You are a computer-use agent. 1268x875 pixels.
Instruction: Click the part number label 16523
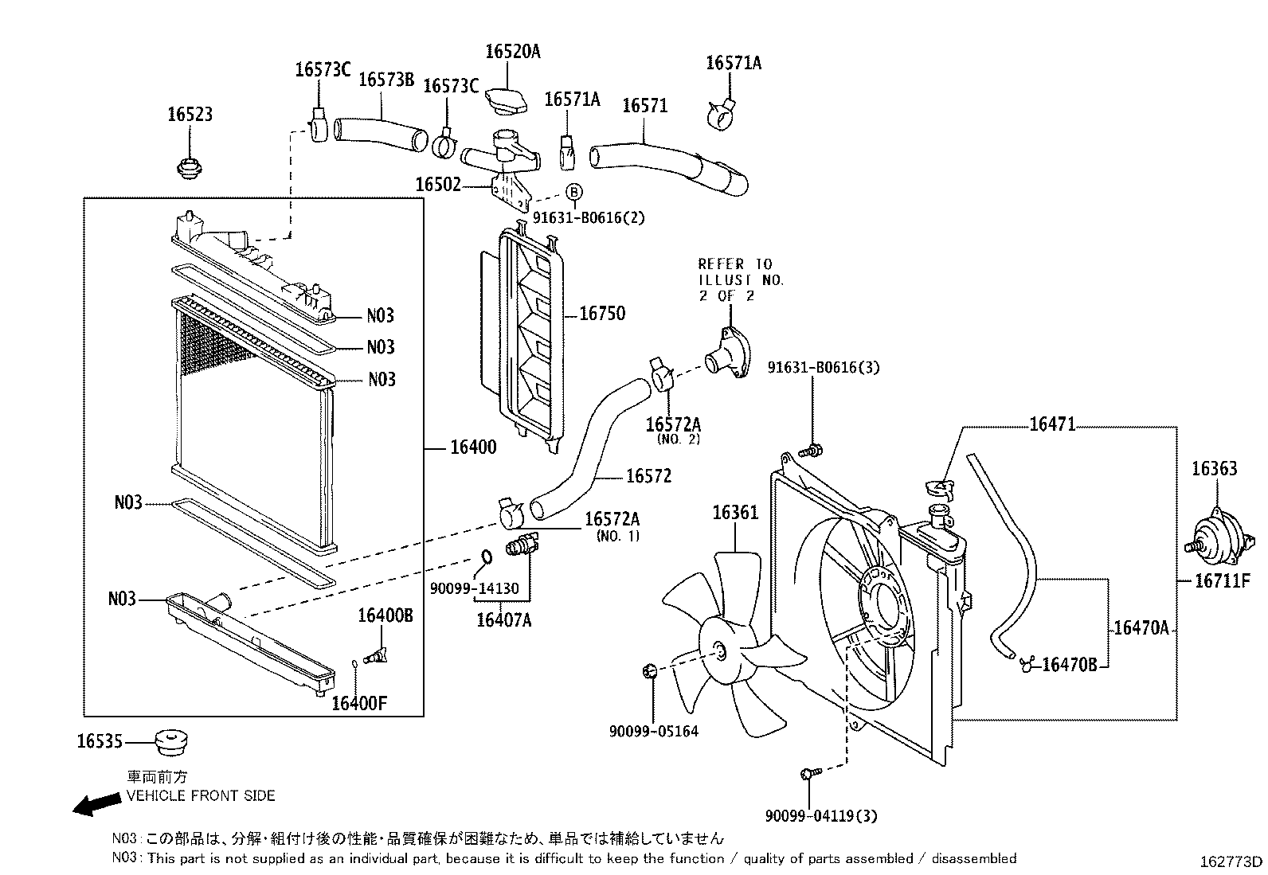tap(190, 115)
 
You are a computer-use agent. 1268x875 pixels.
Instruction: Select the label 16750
tap(601, 314)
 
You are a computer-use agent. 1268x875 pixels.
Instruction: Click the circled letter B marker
tap(574, 192)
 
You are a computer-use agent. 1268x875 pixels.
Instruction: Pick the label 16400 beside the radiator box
tap(473, 447)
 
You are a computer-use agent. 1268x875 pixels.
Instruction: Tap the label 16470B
tap(1069, 664)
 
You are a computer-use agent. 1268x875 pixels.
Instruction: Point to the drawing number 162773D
tap(1231, 861)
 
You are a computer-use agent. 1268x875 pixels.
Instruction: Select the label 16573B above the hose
tap(386, 80)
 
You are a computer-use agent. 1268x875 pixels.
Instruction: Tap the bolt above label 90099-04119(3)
tap(808, 773)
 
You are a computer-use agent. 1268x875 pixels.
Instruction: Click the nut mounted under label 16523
tap(188, 168)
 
